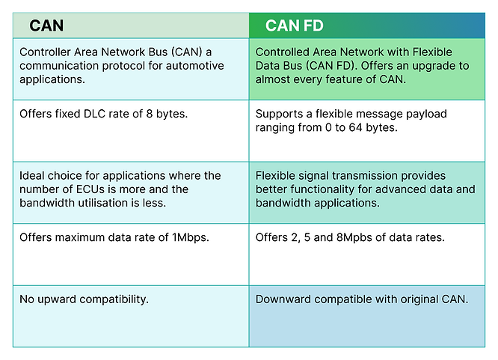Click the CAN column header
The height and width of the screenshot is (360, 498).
pyautogui.click(x=46, y=25)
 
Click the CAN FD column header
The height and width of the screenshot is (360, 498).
pyautogui.click(x=294, y=25)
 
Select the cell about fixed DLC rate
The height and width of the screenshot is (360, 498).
pyautogui.click(x=131, y=130)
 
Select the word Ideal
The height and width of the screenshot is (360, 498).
pyautogui.click(x=34, y=176)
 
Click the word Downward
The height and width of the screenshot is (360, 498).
pyautogui.click(x=283, y=299)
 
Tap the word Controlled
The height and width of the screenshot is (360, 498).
pyautogui.click(x=284, y=52)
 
